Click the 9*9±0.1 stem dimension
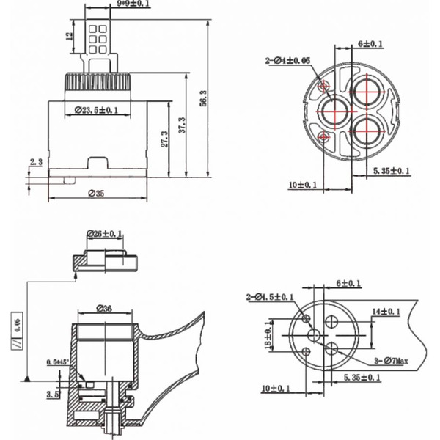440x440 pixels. click(x=133, y=4)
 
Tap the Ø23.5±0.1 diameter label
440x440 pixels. click(x=97, y=111)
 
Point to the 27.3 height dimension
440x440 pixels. click(x=165, y=138)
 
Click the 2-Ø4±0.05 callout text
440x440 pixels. click(x=287, y=59)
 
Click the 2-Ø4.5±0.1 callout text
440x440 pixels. click(x=268, y=297)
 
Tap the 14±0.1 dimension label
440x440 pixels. click(x=386, y=312)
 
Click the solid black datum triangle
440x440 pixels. click(x=26, y=378)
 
